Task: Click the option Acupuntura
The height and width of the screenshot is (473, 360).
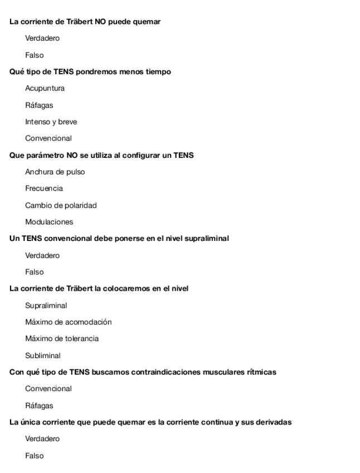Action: pyautogui.click(x=45, y=88)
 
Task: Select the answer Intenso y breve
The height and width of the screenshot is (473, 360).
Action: pyautogui.click(x=51, y=122)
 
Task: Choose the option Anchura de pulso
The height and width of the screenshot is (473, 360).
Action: pyautogui.click(x=55, y=172)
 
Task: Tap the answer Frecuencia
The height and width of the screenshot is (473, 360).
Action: pyautogui.click(x=44, y=189)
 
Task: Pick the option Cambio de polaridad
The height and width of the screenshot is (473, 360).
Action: pyautogui.click(x=61, y=205)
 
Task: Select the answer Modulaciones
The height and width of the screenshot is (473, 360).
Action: pyautogui.click(x=49, y=222)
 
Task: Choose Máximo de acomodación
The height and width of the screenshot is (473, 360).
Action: pyautogui.click(x=69, y=322)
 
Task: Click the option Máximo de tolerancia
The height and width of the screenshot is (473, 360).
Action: pyautogui.click(x=62, y=339)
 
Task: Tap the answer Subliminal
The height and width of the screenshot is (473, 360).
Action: pyautogui.click(x=43, y=355)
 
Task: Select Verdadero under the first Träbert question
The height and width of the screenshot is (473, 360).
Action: pyautogui.click(x=42, y=38)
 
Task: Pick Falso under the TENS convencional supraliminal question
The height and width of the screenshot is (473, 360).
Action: pyautogui.click(x=35, y=272)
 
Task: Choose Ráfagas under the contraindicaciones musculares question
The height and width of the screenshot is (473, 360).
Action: pyautogui.click(x=39, y=406)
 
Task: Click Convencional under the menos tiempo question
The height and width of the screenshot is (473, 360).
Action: pyautogui.click(x=48, y=138)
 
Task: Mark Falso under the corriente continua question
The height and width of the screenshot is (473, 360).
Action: pyautogui.click(x=35, y=456)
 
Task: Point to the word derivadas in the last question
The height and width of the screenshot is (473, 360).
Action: pyautogui.click(x=273, y=422)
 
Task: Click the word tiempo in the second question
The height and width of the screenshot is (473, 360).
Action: pyautogui.click(x=158, y=72)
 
